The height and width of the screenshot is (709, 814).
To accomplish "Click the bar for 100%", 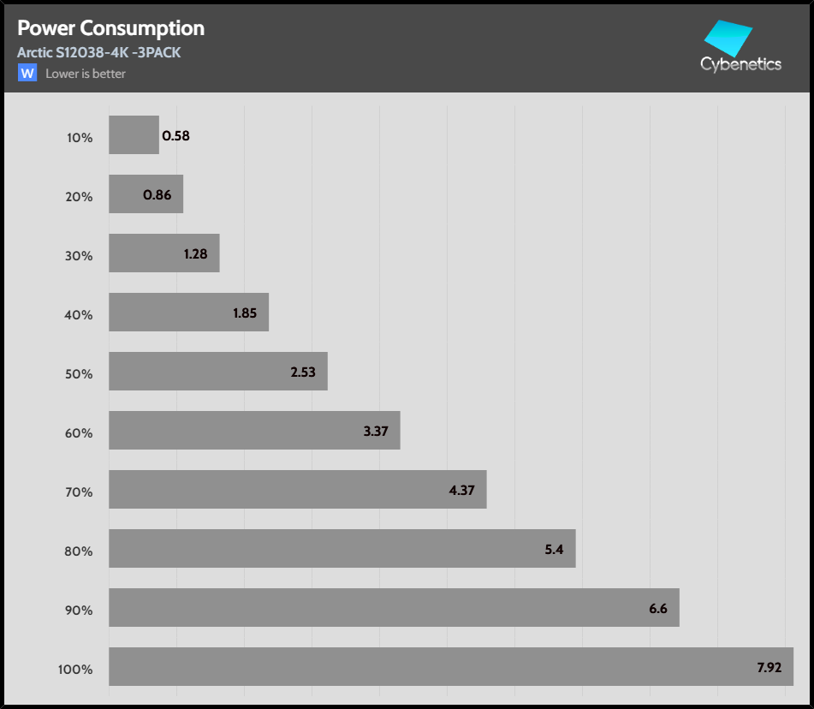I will click(451, 666).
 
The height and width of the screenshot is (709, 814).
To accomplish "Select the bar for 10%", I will click(134, 135).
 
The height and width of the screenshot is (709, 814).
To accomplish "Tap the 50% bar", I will click(218, 372).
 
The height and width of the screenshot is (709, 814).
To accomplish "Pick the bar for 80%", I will click(342, 549).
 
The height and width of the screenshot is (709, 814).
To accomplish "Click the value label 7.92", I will click(769, 667).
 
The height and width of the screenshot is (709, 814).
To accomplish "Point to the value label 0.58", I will click(175, 135).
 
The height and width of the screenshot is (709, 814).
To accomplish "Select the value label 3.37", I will click(376, 431).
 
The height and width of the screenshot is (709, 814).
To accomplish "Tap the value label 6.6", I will click(658, 608).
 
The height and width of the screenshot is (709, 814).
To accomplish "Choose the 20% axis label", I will click(79, 196).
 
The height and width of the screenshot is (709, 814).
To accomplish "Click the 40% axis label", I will click(79, 314).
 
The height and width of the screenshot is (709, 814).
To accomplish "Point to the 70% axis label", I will click(79, 492).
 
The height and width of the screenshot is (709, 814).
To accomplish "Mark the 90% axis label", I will click(79, 610).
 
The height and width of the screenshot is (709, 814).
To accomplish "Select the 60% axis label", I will click(79, 432).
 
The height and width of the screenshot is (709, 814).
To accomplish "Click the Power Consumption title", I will click(110, 28).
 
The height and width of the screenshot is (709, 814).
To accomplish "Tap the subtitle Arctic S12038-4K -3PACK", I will click(98, 53).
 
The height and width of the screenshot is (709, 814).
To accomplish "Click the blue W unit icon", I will click(27, 73).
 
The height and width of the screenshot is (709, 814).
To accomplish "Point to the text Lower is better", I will click(86, 74).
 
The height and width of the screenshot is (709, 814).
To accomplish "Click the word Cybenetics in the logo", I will click(740, 64).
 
